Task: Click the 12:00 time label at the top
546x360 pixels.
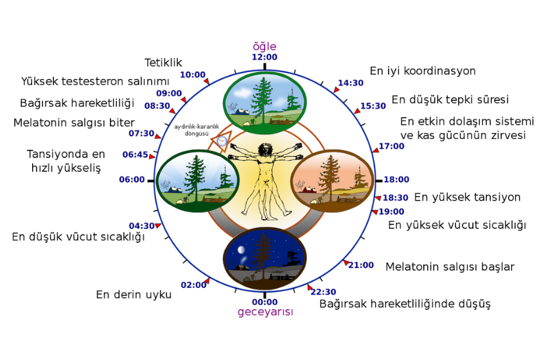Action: [265, 57]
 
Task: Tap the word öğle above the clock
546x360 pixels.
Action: [265, 46]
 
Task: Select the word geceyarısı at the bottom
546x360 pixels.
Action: [265, 312]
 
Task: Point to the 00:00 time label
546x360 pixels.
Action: [265, 302]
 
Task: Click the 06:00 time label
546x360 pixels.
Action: [132, 179]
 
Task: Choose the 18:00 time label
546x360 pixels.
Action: [396, 179]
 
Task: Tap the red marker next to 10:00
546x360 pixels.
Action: [206, 81]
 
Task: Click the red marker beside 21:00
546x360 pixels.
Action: [346, 263]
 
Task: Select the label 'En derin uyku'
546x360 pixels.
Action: [134, 295]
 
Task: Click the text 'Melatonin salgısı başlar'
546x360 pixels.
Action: [450, 267]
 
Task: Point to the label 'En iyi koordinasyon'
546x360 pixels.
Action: [423, 71]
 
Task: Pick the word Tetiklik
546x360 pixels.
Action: [163, 63]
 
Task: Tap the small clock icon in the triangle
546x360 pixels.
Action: [222, 141]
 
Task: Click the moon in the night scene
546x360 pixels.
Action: [241, 250]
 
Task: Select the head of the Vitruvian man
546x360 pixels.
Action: [265, 150]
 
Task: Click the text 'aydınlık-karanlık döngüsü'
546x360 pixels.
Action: [197, 130]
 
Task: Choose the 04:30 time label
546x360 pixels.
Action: [142, 226]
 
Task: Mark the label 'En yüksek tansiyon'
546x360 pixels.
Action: [467, 197]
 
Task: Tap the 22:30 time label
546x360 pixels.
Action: [324, 292]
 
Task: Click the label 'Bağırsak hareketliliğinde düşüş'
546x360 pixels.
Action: [405, 304]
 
